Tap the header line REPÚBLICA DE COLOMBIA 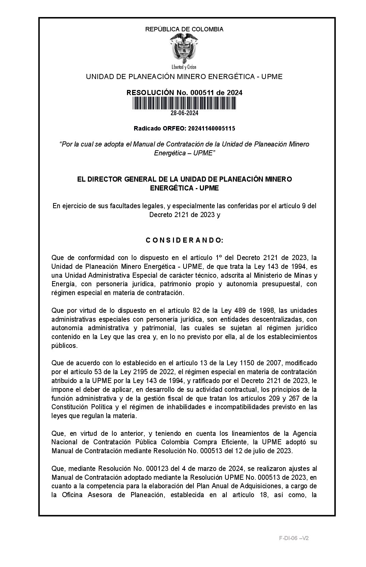[184, 29]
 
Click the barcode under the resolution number [184, 103]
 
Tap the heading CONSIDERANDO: [184, 240]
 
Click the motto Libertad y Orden [184, 67]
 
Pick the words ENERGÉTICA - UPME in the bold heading [184, 188]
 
